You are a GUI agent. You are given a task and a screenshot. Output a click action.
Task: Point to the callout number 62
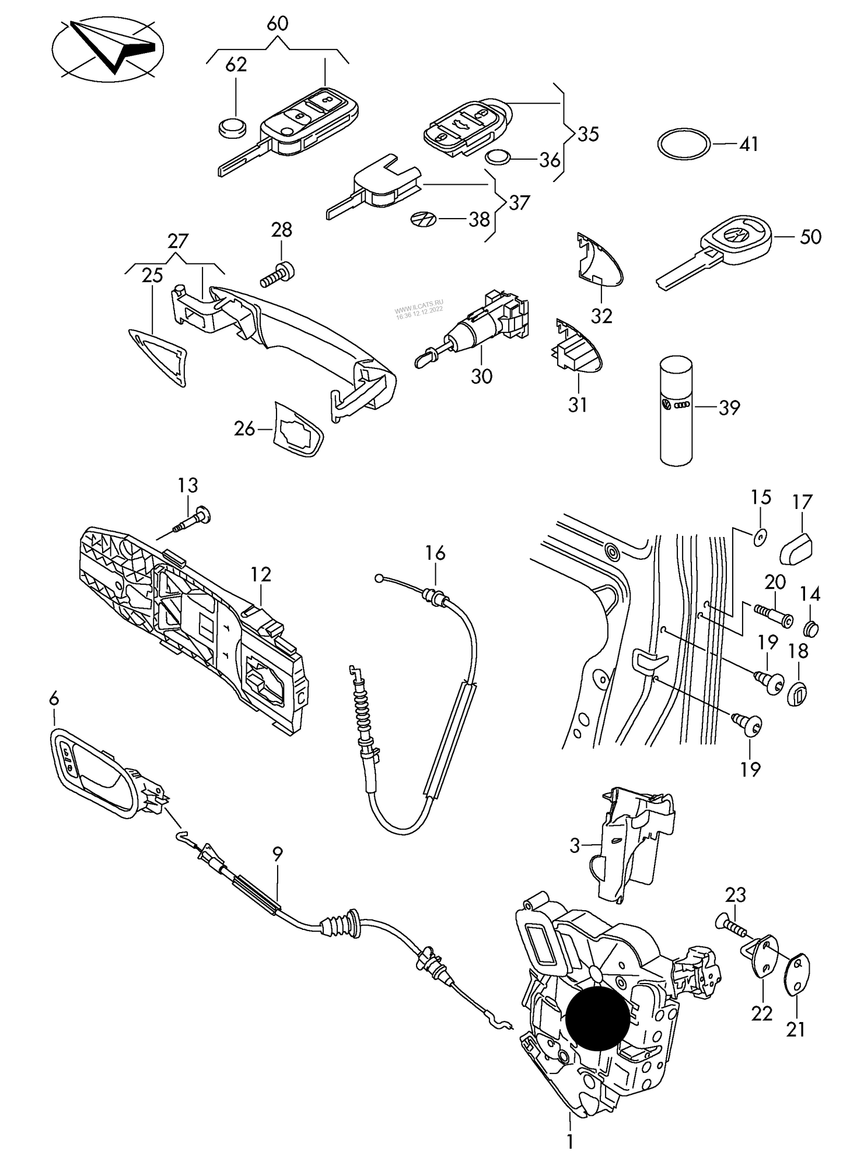pyautogui.click(x=236, y=65)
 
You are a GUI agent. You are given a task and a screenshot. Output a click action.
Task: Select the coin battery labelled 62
pyautogui.click(x=232, y=127)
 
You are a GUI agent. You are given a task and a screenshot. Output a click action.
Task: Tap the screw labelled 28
pyautogui.click(x=279, y=273)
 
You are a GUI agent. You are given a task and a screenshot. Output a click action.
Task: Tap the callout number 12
pyautogui.click(x=261, y=575)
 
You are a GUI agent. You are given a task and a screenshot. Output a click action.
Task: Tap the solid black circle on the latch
pyautogui.click(x=598, y=1019)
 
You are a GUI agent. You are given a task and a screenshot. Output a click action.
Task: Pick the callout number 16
pyautogui.click(x=435, y=552)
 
